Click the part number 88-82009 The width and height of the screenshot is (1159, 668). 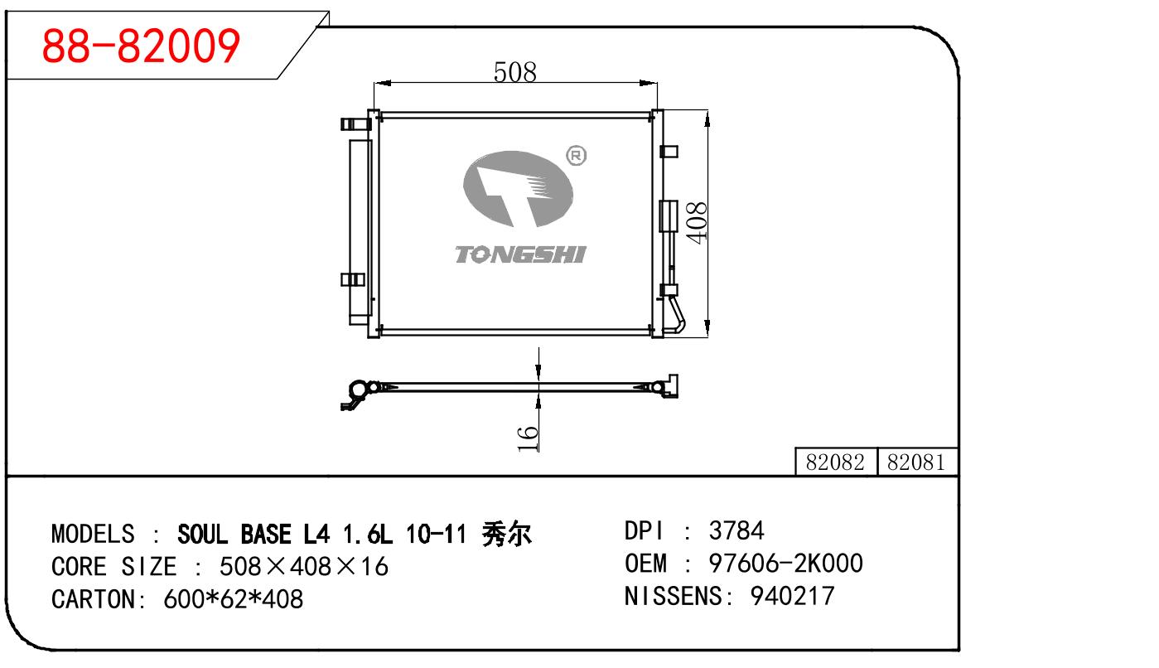pos(141,46)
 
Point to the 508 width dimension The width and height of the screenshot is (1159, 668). pos(514,72)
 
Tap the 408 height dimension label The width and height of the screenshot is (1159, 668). pos(697,222)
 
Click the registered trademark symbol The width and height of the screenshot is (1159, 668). pos(575,156)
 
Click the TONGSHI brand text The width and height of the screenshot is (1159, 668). pos(519,254)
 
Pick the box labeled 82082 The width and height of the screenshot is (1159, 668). pos(835,462)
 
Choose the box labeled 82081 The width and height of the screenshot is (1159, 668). pos(915,462)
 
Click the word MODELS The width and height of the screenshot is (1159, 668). pos(93,533)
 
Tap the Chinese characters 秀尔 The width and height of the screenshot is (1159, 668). pos(506,533)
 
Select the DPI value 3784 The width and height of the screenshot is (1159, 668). pos(736,530)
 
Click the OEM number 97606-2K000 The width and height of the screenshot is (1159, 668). pos(785,564)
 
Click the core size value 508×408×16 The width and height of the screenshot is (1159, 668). pos(303,567)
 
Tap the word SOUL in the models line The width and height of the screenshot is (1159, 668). pos(205,533)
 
